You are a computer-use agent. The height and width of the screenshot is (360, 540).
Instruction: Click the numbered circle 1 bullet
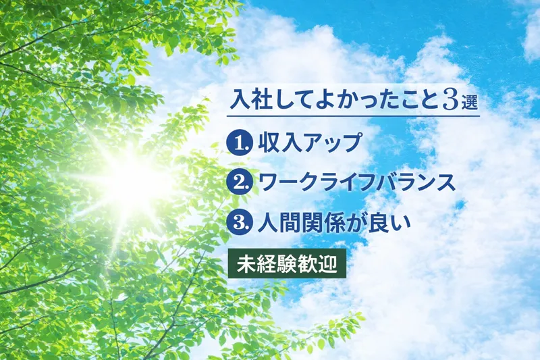click(238, 143)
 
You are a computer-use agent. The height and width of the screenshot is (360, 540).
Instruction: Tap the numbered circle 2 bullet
click(238, 182)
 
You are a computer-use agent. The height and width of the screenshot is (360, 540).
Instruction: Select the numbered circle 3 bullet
click(238, 223)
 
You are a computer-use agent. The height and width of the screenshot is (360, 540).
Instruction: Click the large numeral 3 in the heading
click(450, 101)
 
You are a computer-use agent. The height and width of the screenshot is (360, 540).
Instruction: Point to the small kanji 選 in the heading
click(469, 103)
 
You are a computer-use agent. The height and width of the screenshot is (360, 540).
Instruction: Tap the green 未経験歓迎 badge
click(287, 263)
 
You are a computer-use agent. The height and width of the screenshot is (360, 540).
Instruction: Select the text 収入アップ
click(310, 143)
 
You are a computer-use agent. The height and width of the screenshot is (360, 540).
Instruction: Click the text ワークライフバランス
click(357, 182)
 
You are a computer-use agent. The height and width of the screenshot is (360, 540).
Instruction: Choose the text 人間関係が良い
click(334, 223)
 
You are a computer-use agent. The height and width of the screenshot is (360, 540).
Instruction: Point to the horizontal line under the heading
click(353, 115)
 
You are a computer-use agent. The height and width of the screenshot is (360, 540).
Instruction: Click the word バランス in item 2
click(415, 182)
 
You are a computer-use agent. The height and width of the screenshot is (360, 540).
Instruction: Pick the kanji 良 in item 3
click(380, 223)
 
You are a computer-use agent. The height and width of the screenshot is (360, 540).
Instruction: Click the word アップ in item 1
click(331, 143)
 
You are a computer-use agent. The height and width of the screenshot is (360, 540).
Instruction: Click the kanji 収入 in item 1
click(278, 143)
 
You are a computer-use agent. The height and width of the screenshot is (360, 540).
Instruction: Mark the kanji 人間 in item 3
click(278, 223)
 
